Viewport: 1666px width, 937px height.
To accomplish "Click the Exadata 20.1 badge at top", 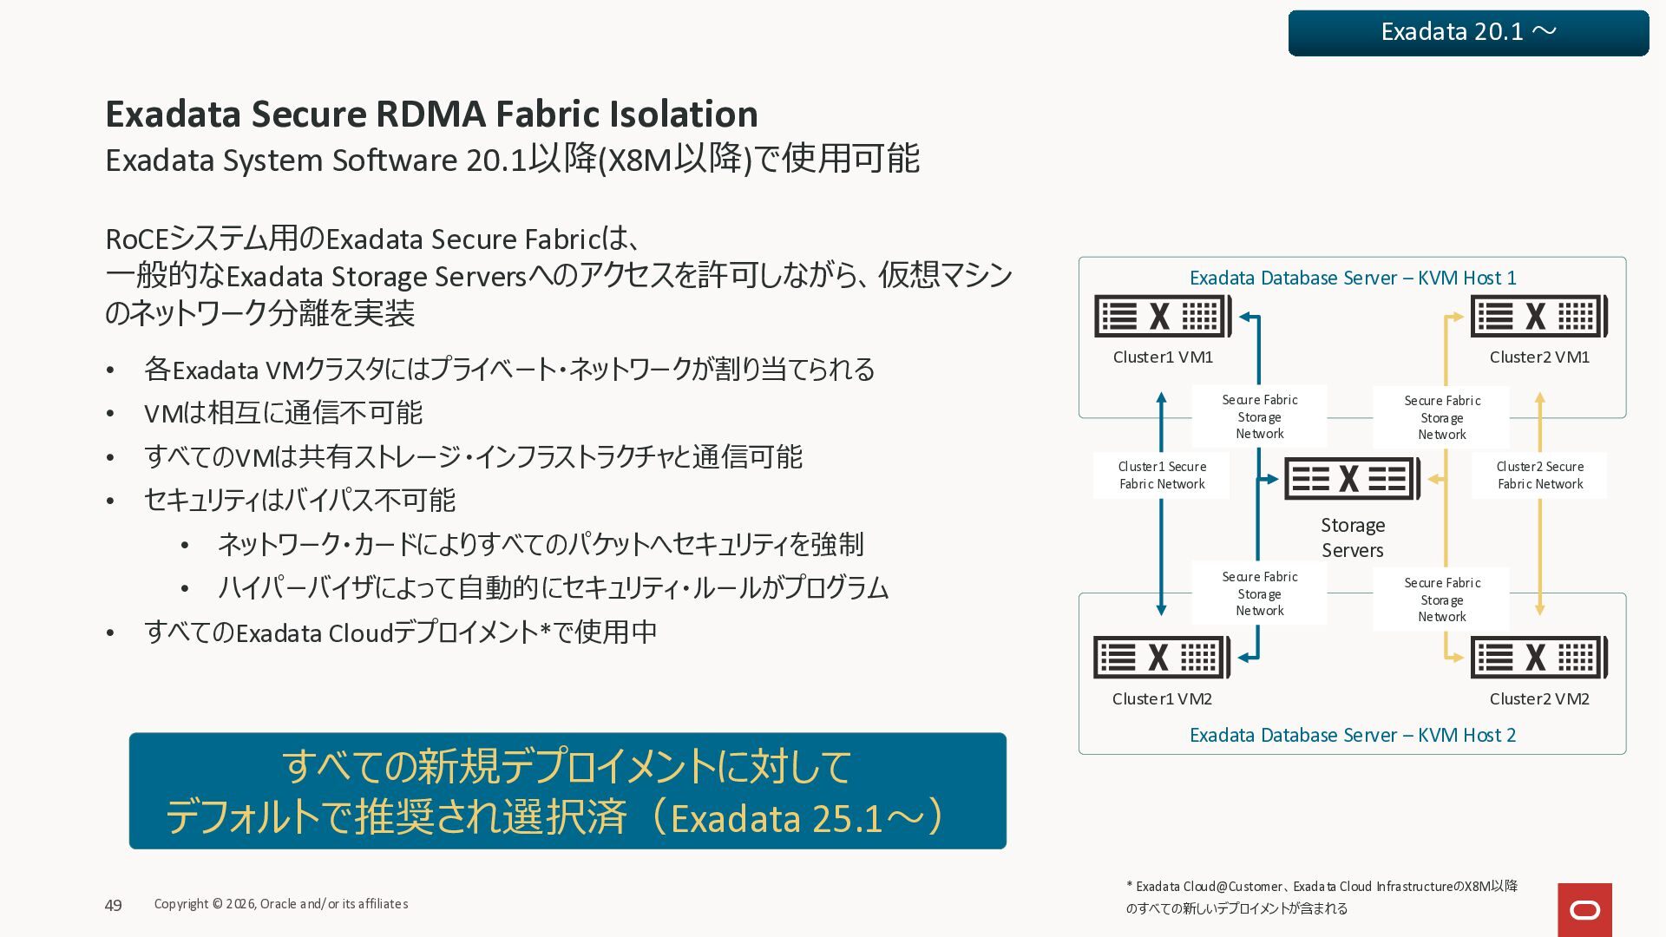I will [x=1468, y=33].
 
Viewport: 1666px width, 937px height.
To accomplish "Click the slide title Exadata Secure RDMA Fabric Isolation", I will [x=431, y=114].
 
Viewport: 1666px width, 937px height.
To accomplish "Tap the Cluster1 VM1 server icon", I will [x=1162, y=316].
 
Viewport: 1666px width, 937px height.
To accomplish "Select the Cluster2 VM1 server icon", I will [x=1538, y=316].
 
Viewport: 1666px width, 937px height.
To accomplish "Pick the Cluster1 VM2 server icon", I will [x=1161, y=658].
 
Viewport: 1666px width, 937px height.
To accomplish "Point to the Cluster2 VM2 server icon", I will [x=1538, y=658].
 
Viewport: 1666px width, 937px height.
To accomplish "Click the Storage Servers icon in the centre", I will [x=1352, y=478].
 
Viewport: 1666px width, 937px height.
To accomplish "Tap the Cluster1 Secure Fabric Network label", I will [x=1161, y=475].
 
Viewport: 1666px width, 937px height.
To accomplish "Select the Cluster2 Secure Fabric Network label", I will [x=1539, y=475].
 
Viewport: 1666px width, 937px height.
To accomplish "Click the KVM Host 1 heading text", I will [x=1352, y=278].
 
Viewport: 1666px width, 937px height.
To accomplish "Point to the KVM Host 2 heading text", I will [x=1352, y=735].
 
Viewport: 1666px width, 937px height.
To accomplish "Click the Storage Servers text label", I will [x=1352, y=537].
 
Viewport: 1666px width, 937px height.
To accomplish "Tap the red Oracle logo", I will [x=1584, y=909].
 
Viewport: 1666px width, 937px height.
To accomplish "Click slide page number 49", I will [x=113, y=905].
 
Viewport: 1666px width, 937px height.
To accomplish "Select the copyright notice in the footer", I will [x=280, y=904].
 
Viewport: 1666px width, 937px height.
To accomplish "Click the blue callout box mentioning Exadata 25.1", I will [x=567, y=790].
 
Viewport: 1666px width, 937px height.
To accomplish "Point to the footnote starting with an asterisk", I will [x=1322, y=897].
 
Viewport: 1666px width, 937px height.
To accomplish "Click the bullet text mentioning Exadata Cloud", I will [x=400, y=632].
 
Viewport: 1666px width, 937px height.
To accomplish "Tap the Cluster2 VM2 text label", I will [x=1538, y=698].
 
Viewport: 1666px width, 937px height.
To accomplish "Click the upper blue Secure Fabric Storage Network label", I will [x=1259, y=416].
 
